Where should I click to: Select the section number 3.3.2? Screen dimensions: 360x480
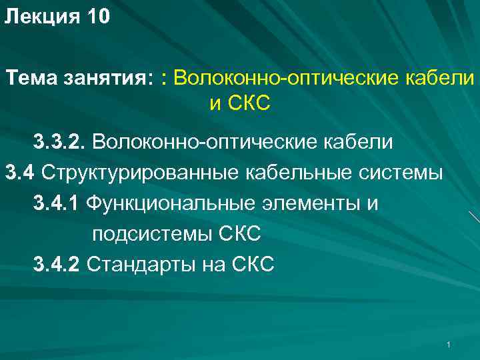point(59,143)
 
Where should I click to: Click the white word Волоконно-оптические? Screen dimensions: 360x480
point(204,143)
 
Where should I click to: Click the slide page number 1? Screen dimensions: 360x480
point(450,344)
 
